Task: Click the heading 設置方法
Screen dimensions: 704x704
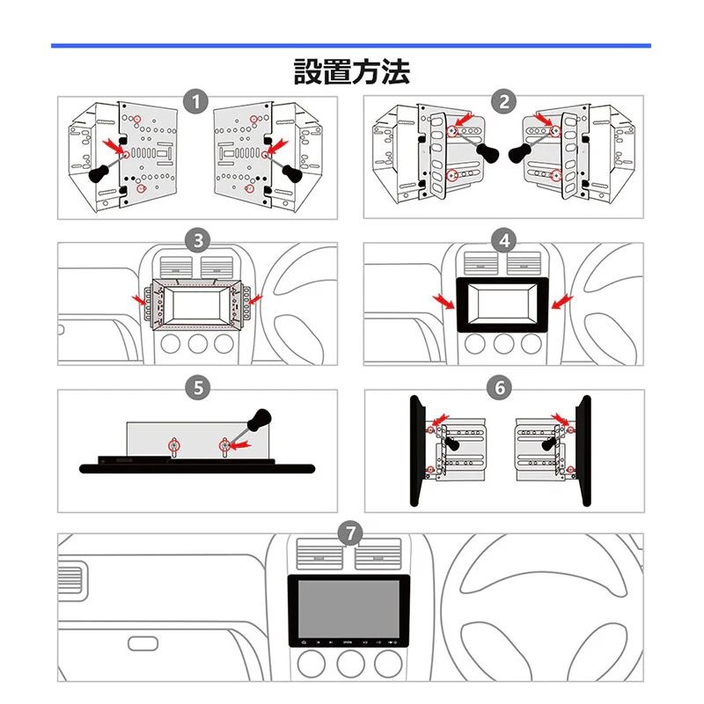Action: click(x=351, y=71)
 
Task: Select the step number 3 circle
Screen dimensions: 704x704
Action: click(x=198, y=239)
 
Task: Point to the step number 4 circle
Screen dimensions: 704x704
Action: click(x=503, y=239)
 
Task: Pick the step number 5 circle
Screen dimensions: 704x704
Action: click(x=198, y=386)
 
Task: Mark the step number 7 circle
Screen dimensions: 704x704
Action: click(x=350, y=532)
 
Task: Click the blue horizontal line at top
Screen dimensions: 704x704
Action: click(x=351, y=45)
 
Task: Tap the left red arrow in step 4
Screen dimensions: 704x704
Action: click(x=444, y=302)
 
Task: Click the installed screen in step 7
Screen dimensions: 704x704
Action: click(x=350, y=609)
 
